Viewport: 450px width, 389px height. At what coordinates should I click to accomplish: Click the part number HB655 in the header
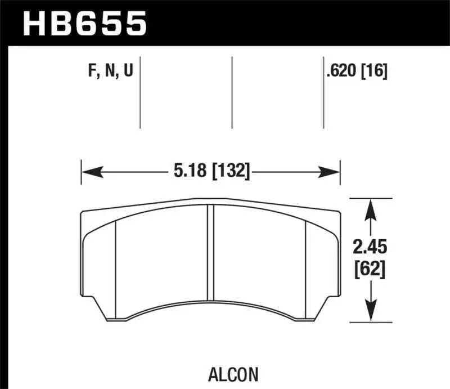[85, 24]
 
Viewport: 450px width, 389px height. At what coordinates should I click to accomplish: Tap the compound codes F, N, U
[110, 71]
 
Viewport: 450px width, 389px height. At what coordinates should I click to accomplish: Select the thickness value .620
[341, 71]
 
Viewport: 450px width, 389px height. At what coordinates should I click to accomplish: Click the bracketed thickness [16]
[374, 71]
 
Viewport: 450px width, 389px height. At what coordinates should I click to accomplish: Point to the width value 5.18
[190, 171]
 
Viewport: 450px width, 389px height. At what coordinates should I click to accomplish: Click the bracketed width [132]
[231, 171]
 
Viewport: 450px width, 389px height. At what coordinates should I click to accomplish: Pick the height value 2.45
[370, 247]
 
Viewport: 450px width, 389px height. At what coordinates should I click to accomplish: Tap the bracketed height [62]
[370, 270]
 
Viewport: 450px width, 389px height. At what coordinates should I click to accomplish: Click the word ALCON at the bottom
[233, 374]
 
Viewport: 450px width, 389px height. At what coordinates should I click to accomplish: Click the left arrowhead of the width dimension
[92, 172]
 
